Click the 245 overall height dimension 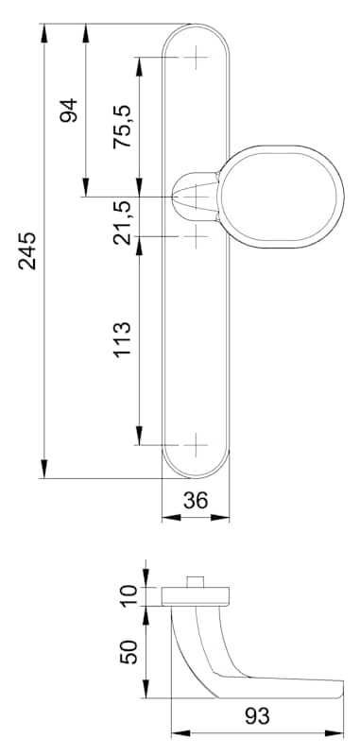click(x=27, y=250)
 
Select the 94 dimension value click(x=68, y=111)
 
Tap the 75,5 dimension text click(x=122, y=128)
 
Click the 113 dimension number click(x=122, y=340)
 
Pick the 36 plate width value click(x=196, y=501)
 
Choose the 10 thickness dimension click(x=129, y=596)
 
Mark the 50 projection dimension click(x=129, y=652)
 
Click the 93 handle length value click(x=257, y=716)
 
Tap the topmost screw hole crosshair click(x=197, y=58)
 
